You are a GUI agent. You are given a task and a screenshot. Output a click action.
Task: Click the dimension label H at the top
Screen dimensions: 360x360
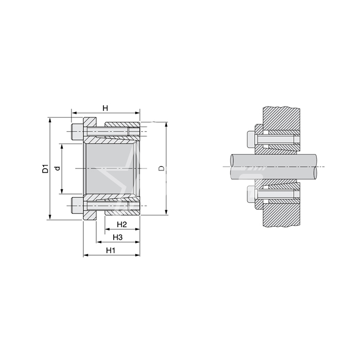pos(105,108)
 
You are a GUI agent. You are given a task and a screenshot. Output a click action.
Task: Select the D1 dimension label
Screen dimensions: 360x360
pos(46,169)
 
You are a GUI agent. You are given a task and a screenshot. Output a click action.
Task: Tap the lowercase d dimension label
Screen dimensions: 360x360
pos(58,168)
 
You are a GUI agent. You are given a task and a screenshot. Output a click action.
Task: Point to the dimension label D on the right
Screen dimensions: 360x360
pos(161,168)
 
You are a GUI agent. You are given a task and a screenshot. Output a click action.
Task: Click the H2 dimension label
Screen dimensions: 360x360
pos(122,224)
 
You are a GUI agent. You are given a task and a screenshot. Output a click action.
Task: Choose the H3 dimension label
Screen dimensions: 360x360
pos(118,237)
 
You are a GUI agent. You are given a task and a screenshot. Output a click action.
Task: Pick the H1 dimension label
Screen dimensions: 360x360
pos(111,250)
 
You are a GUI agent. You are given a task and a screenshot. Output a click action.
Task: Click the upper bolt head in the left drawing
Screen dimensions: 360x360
pos(77,132)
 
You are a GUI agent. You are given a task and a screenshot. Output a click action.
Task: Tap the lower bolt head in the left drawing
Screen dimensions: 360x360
pos(77,205)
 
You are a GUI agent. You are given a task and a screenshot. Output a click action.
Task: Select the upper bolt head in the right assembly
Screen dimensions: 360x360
pos(251,139)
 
